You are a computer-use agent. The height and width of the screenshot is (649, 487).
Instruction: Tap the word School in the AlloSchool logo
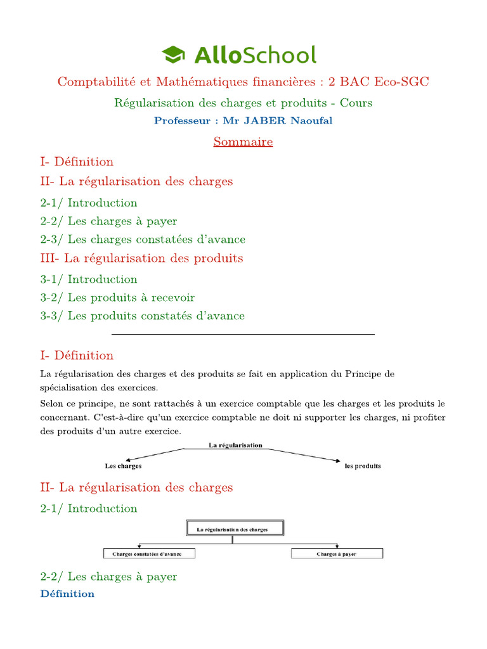pos(280,55)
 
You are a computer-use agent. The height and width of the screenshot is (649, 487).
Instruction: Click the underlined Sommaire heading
pos(243,141)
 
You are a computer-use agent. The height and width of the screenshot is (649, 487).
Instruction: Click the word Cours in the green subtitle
pos(356,103)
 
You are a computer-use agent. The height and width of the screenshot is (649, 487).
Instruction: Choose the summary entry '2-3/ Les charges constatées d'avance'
pos(143,240)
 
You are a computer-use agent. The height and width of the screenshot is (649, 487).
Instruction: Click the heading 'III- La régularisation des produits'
pos(141,259)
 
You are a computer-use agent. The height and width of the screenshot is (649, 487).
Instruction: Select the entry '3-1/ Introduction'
pos(89,279)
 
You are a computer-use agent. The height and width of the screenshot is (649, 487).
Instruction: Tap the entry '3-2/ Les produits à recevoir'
pos(117,297)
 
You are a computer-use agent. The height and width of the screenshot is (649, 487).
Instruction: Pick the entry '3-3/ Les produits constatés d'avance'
pos(142,316)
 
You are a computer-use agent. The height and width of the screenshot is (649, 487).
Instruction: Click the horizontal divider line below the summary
pos(243,333)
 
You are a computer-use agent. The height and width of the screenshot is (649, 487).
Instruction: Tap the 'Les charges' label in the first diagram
pos(123,466)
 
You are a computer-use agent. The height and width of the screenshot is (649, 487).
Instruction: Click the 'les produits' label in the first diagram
pos(363,466)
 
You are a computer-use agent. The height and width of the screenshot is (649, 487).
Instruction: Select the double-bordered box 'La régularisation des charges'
pos(235,529)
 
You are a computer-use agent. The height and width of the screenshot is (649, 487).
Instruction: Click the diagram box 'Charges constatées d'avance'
pos(149,553)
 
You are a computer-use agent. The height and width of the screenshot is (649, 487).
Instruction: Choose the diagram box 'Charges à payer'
pos(337,553)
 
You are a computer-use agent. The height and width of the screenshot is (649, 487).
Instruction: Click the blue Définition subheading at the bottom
pos(67,594)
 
